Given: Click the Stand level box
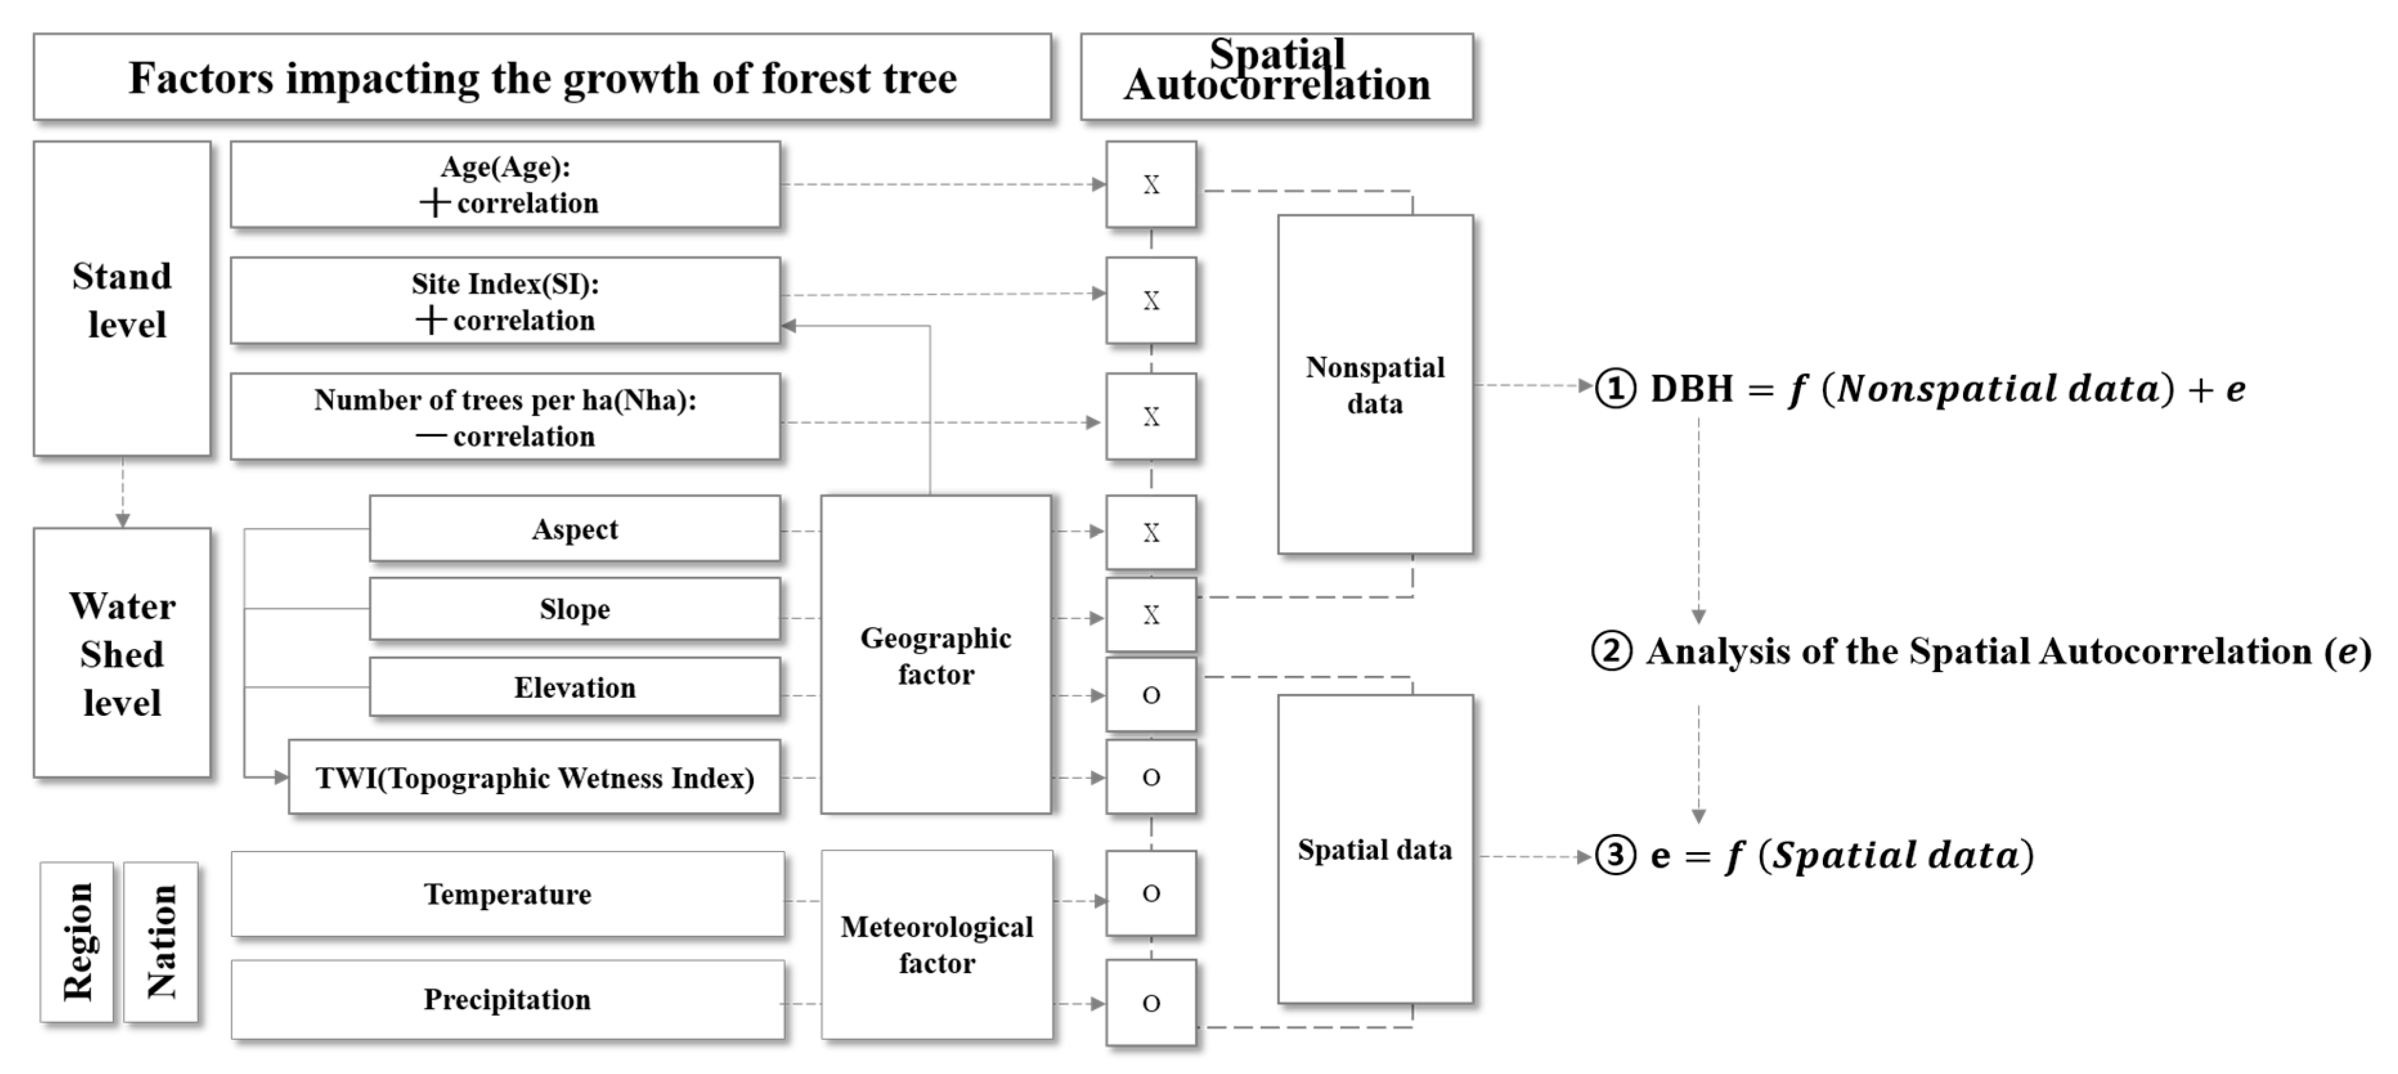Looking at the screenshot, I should pos(122,299).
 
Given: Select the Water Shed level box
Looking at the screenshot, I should pos(122,652).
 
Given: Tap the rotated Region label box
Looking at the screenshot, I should pos(77,942).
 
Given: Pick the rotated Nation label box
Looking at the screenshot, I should pos(161,942).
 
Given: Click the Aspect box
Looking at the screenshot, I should pos(574,529).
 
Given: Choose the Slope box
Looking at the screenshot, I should pos(574,608).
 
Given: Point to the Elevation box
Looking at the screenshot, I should pos(574,687).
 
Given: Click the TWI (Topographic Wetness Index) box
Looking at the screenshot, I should pos(535,777).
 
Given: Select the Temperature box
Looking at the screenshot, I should pos(508,893).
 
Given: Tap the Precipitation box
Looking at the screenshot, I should pos(508,999).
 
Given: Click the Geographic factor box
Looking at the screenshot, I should pos(935,654).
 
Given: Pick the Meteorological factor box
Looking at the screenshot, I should pos(937,945).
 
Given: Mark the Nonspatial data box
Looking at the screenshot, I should pos(1375,385).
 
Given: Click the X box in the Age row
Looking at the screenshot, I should pos(1151,185).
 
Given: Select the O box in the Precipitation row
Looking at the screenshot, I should pos(1151,1003).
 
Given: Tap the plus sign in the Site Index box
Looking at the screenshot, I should pos(430,320).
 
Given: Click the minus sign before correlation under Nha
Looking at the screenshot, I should pos(430,435).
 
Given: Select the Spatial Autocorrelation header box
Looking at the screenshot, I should pos(1276,77).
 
